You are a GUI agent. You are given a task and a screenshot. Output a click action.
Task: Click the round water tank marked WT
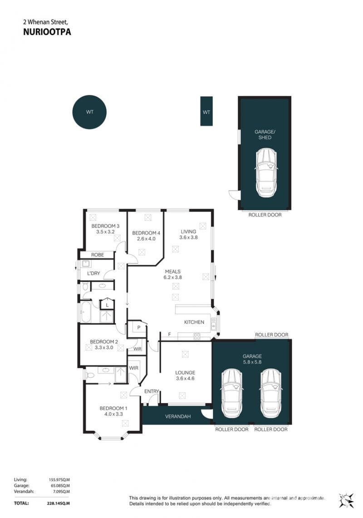point(89,112)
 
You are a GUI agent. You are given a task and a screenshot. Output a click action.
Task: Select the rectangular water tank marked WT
point(206,111)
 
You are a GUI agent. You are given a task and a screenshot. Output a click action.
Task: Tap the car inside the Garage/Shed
point(266,173)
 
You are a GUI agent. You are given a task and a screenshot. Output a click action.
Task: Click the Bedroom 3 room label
point(105,226)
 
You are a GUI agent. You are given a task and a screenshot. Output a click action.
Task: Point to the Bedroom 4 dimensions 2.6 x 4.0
point(146,239)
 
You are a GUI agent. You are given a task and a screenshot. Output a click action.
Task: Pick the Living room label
point(188,232)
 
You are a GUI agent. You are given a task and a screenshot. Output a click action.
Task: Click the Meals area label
point(173,271)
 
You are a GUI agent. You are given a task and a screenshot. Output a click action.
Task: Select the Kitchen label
point(194,322)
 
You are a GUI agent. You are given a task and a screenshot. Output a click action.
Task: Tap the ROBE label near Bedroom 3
point(98,255)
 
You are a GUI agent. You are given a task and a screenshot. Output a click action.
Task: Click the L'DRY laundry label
point(93,273)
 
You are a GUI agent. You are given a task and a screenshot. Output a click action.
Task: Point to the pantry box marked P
point(139,327)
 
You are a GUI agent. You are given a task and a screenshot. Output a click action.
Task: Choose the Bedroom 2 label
point(104,341)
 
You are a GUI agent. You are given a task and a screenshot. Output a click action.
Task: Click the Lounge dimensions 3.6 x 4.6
point(185,378)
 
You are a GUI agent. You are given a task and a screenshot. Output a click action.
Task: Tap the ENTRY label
point(152,391)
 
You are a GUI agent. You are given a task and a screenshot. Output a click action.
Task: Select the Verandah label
point(178,416)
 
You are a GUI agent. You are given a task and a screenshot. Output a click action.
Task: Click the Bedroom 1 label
point(113,408)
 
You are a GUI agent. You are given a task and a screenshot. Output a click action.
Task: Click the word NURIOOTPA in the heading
point(47,32)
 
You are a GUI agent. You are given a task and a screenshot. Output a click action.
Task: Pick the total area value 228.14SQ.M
point(59,503)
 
